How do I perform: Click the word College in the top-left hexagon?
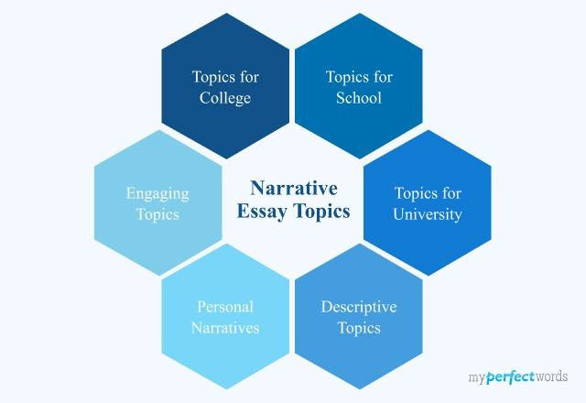coord(225,98)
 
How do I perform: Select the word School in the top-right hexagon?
coord(360,98)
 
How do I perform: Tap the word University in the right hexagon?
coord(428,215)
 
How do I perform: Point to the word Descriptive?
coord(359,306)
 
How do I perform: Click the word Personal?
coord(225,306)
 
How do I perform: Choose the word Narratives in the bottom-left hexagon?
coord(225,327)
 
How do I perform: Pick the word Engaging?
coord(157,193)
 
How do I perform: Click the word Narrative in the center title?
coord(294,188)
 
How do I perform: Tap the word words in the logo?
coord(549,376)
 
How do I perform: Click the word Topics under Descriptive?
coord(359,327)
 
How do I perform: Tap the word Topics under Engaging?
coord(157,215)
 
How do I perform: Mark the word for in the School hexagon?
coord(383,77)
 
